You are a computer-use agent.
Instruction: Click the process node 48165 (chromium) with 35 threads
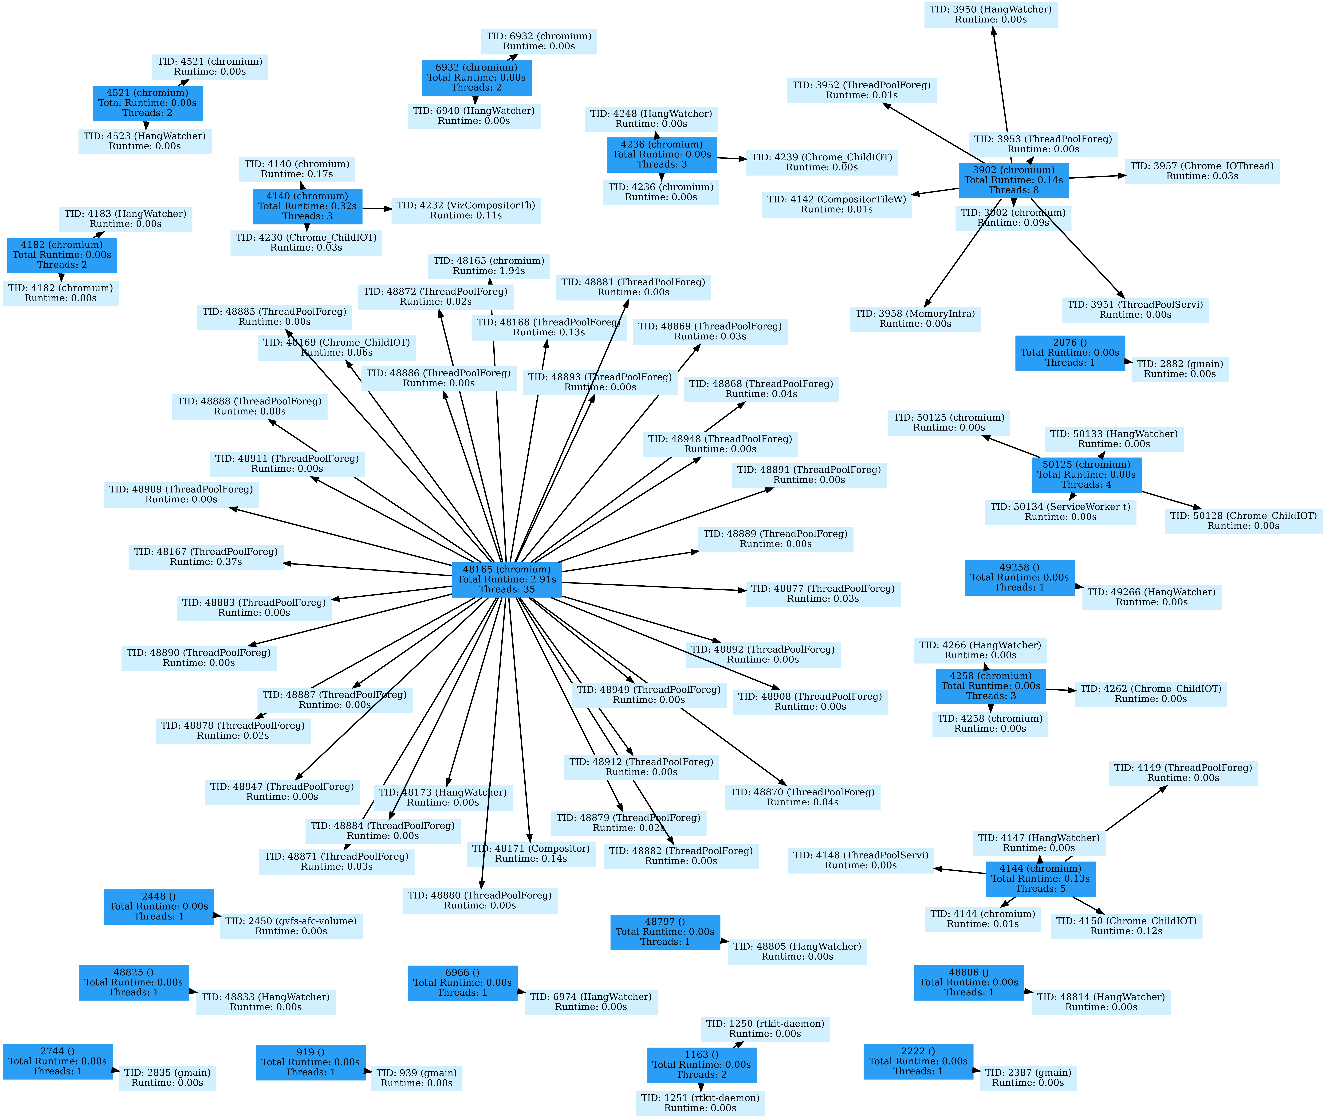point(506,579)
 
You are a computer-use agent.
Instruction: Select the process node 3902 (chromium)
point(1013,180)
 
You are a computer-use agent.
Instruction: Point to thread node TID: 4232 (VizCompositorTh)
point(466,210)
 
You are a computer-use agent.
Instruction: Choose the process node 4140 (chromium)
point(307,206)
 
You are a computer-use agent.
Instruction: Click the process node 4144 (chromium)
point(1040,879)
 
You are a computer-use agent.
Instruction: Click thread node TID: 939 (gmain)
point(416,1078)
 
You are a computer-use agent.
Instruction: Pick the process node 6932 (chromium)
point(476,77)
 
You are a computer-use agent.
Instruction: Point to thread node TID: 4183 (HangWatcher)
point(126,219)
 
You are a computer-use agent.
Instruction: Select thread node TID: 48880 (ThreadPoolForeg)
point(480,900)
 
